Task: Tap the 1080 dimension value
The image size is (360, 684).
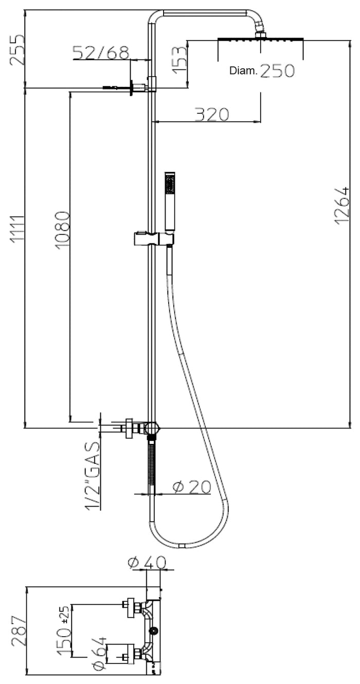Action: [x=62, y=229]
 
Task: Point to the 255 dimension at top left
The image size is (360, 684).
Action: [x=17, y=49]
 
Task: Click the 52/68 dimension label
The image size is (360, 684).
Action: [x=101, y=52]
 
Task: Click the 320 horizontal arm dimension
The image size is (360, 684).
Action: [x=211, y=114]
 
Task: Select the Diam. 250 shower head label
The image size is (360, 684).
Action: [x=262, y=71]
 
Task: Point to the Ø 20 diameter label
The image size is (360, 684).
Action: [x=191, y=487]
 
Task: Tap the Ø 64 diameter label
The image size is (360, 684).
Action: [x=99, y=653]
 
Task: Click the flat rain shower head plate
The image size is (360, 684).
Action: [x=261, y=39]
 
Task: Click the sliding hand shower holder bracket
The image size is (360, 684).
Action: [x=153, y=239]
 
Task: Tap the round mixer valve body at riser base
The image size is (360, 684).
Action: [x=152, y=427]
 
